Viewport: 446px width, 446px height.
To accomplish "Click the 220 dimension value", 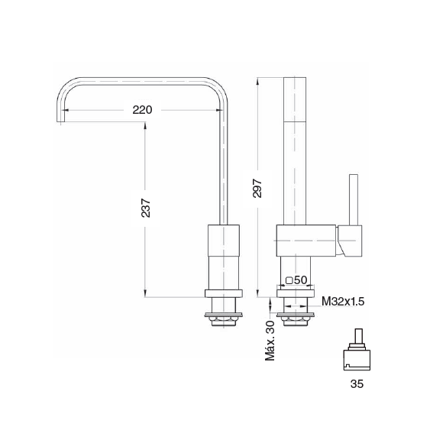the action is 142,110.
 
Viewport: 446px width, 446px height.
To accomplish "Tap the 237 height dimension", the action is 146,208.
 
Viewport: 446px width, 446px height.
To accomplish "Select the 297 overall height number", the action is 257,188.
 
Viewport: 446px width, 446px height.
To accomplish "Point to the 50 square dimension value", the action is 300,280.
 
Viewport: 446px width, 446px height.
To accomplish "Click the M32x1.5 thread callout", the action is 343,301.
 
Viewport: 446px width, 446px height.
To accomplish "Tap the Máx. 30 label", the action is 270,341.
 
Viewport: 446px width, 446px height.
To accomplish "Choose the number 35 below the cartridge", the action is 357,383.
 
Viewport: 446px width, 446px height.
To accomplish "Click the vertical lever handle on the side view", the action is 354,199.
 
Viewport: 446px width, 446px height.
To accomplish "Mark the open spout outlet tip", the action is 61,121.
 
